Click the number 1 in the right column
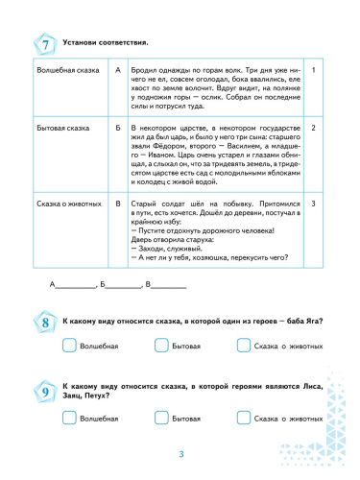316,71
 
